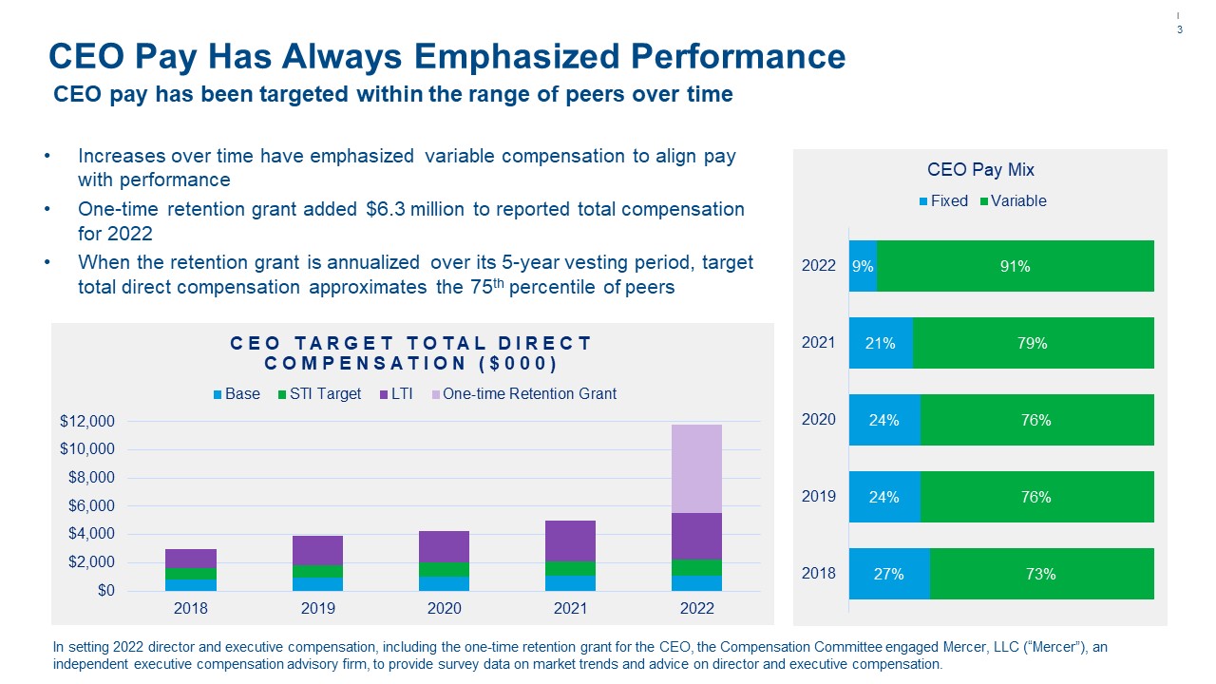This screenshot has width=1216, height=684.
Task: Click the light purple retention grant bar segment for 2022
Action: click(695, 468)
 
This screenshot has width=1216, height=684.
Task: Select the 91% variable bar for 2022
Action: click(1015, 266)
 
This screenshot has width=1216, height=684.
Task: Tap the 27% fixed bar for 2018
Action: click(889, 574)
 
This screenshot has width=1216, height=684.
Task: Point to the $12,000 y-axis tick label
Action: click(87, 422)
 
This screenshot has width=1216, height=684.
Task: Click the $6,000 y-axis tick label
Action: click(91, 506)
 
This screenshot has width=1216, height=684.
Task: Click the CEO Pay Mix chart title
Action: click(980, 170)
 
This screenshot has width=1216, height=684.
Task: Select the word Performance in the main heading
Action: click(730, 56)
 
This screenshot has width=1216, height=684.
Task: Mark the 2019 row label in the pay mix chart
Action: click(819, 497)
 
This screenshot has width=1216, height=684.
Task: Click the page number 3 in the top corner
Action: click(1180, 30)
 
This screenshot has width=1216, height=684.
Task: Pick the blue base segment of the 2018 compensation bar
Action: click(191, 584)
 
